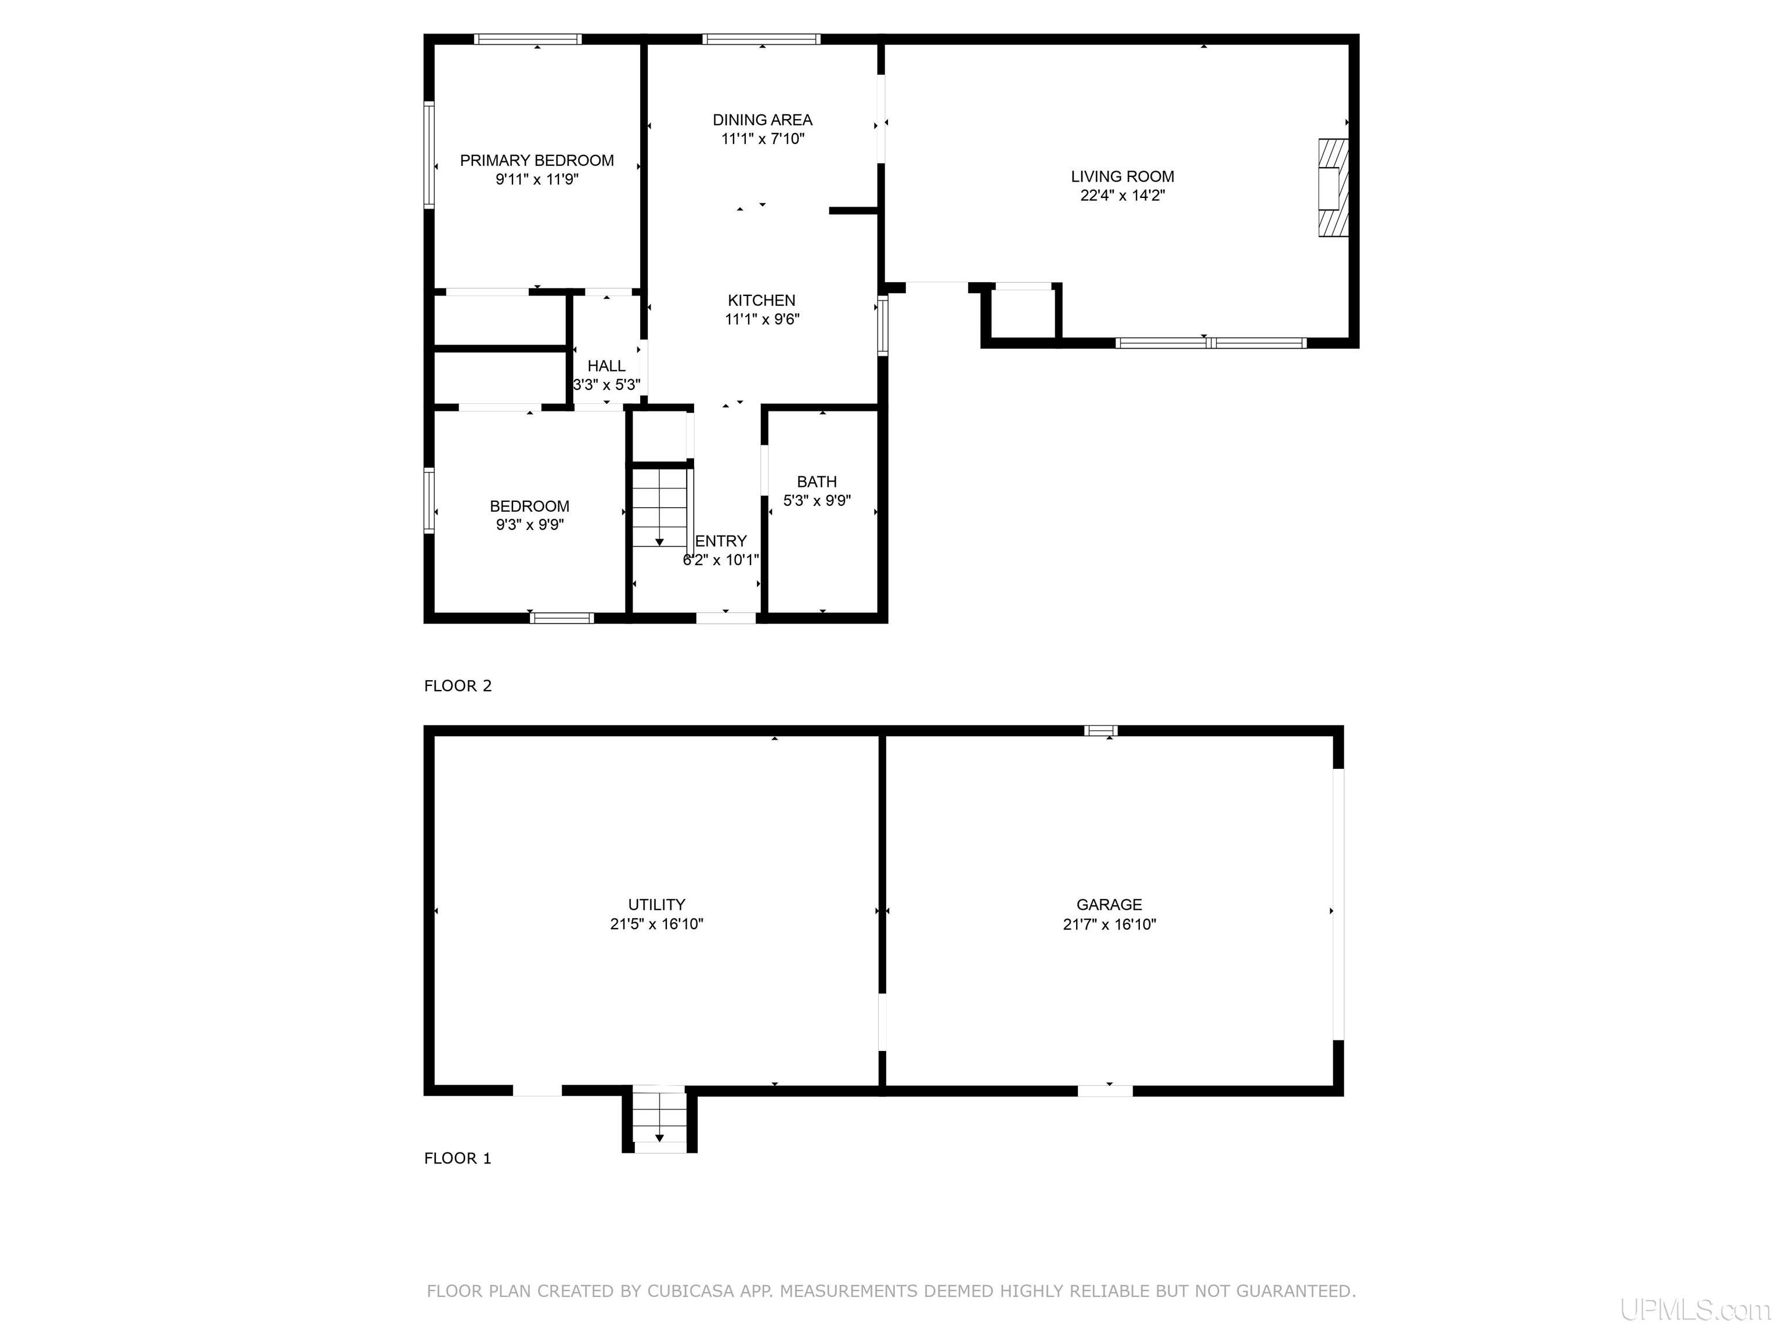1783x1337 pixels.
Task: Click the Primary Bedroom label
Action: point(537,160)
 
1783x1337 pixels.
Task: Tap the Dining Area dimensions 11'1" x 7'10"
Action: point(763,139)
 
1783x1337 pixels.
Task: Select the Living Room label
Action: point(1122,176)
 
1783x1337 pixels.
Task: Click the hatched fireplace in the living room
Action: point(1333,188)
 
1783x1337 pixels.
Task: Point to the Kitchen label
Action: point(761,301)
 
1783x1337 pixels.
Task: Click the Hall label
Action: point(606,366)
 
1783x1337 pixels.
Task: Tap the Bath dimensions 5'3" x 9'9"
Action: point(817,500)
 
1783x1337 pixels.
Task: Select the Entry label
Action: point(721,541)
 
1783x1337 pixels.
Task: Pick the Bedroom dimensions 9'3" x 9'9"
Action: point(529,525)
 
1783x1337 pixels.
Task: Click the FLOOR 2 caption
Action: point(458,686)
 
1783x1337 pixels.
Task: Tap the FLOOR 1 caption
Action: point(458,1158)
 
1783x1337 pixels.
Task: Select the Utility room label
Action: point(657,905)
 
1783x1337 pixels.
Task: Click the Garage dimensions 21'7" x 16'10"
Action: point(1109,924)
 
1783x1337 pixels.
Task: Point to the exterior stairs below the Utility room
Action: point(659,1119)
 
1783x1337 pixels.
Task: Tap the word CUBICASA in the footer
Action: point(691,1291)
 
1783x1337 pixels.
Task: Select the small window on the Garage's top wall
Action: point(1101,731)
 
